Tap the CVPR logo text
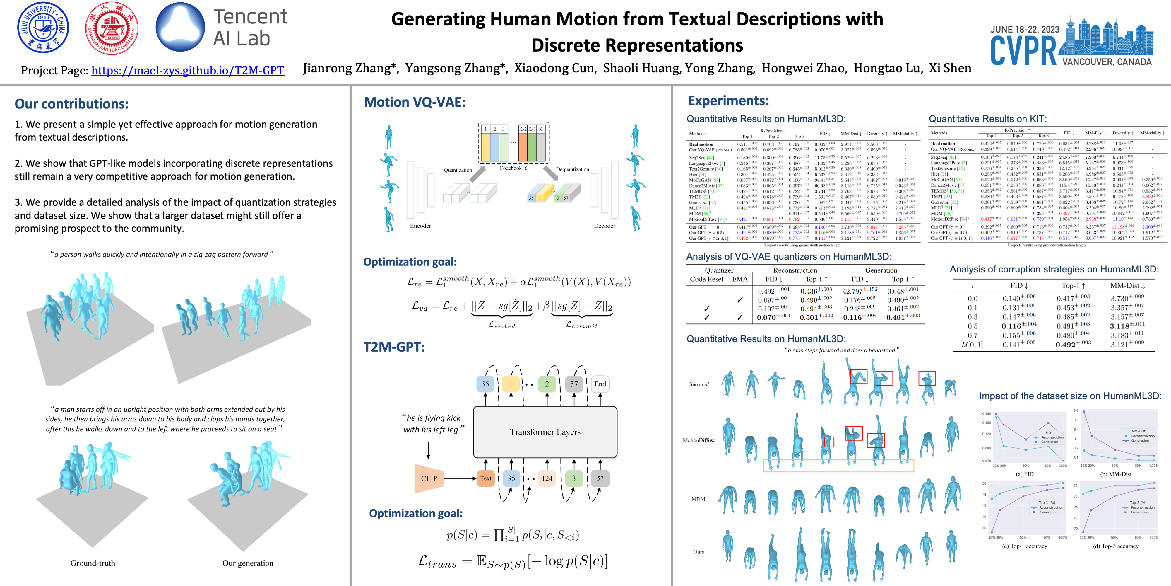pyautogui.click(x=1024, y=51)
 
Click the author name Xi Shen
pyautogui.click(x=950, y=68)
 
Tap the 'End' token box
pyautogui.click(x=600, y=384)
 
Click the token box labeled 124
pyautogui.click(x=547, y=478)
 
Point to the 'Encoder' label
pyautogui.click(x=420, y=226)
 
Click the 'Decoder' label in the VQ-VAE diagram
pyautogui.click(x=604, y=226)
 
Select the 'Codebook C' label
pyautogui.click(x=514, y=168)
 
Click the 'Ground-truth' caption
pyautogui.click(x=93, y=563)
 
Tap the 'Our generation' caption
pyautogui.click(x=248, y=563)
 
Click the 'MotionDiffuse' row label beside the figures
pyautogui.click(x=699, y=440)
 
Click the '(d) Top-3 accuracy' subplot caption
pyautogui.click(x=1116, y=546)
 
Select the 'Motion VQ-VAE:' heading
pyautogui.click(x=415, y=102)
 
